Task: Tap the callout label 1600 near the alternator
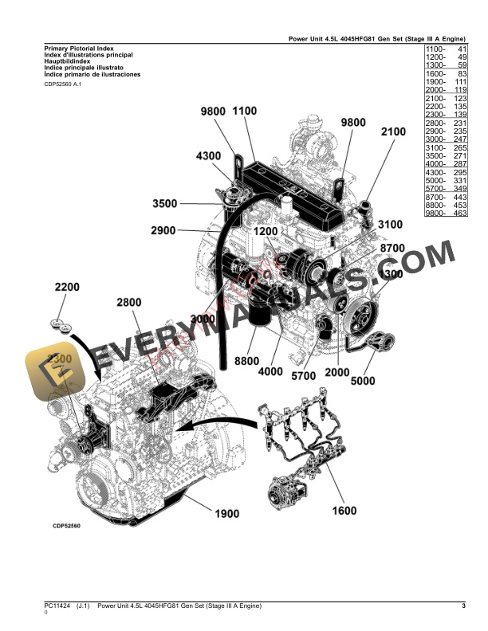click(x=344, y=511)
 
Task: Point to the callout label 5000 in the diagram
click(x=362, y=380)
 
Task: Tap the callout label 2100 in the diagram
click(x=395, y=132)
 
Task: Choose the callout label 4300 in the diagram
click(x=207, y=156)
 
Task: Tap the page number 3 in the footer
click(x=463, y=607)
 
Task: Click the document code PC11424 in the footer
click(x=57, y=607)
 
